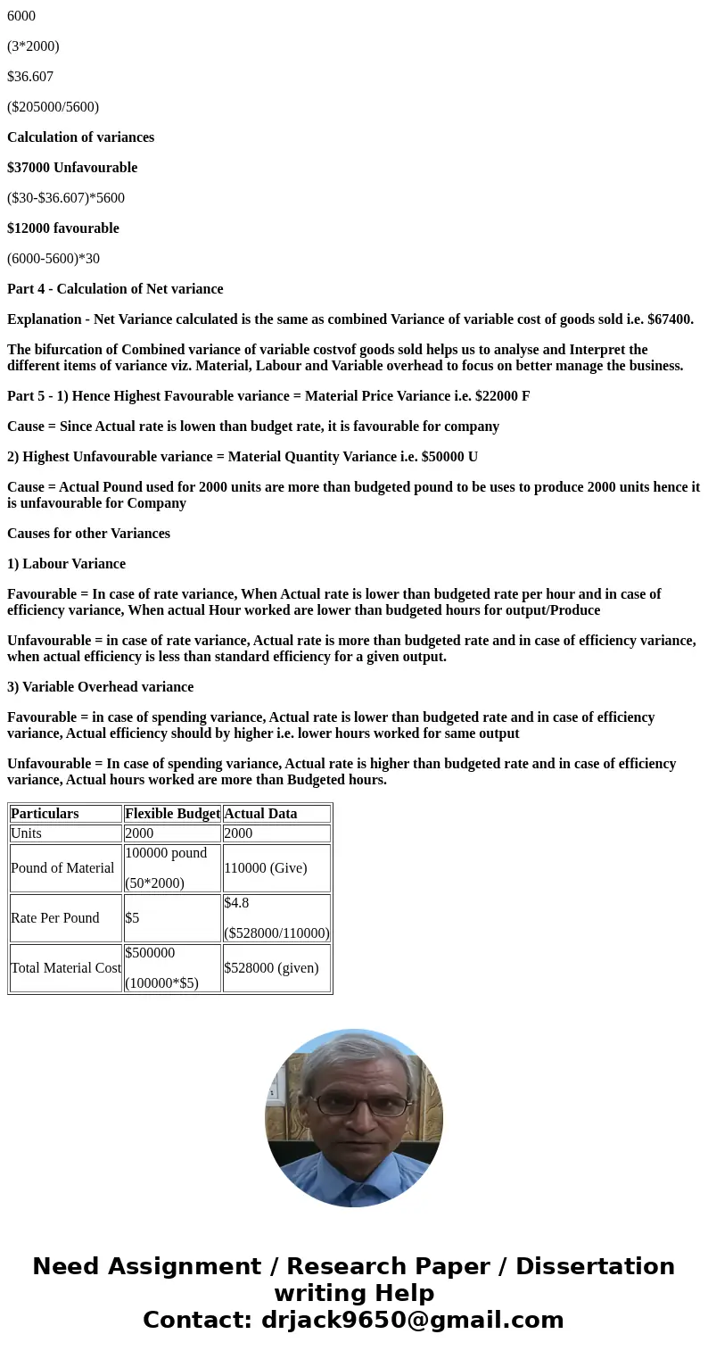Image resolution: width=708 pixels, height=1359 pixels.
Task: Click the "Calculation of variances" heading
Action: coord(80,137)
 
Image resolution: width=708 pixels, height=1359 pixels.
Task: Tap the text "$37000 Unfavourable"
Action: coord(72,168)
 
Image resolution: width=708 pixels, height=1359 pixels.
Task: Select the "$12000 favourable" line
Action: coord(63,228)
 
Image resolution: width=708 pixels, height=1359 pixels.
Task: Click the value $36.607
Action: coord(30,77)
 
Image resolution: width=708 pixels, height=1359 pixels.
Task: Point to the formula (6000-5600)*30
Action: coord(54,259)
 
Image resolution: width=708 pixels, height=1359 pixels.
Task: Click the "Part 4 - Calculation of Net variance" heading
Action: coord(115,289)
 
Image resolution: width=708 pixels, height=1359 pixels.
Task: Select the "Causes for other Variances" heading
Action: coord(88,534)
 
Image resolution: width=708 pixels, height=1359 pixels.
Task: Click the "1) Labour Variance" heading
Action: coord(66,564)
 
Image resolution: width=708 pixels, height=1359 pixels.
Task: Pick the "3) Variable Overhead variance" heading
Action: coord(100,687)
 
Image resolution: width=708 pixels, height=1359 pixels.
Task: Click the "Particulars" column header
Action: coord(45,814)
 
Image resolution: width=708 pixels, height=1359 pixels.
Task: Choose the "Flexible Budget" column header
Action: coord(172,814)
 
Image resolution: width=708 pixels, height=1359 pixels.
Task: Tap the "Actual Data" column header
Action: coord(260,814)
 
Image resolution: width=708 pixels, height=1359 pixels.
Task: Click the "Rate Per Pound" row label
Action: coord(55,918)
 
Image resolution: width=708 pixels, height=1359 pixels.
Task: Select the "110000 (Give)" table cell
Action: coord(266,868)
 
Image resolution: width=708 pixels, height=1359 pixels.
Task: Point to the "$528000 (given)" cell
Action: coord(271,968)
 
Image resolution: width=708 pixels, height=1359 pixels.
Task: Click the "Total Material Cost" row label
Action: coord(66,968)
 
